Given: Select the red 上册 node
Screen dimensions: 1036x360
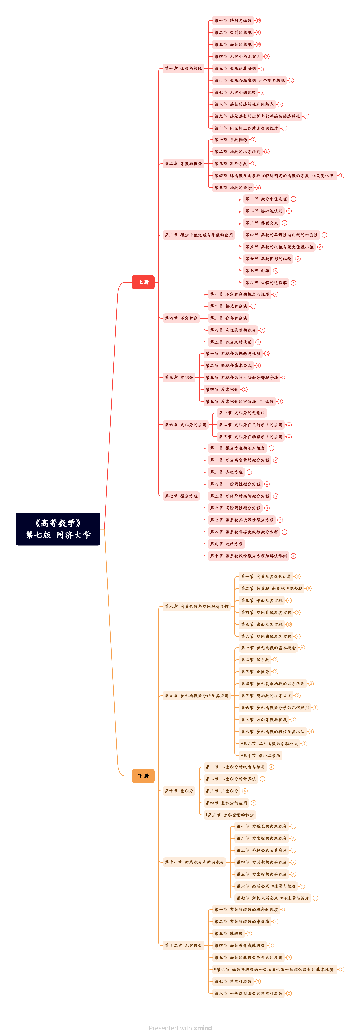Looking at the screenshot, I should tap(143, 282).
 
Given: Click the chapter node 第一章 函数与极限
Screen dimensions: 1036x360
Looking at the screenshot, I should tap(183, 68).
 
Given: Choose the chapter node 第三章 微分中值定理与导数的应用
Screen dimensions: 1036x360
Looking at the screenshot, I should tap(199, 235).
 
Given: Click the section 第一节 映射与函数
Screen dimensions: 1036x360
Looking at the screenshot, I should tap(233, 20).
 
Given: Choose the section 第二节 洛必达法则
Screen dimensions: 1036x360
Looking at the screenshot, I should tap(264, 211).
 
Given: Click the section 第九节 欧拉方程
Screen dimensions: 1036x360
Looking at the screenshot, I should tap(226, 544).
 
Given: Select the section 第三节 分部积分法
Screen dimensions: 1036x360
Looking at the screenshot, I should tap(228, 318).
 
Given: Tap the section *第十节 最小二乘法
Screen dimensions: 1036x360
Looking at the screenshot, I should tap(260, 755).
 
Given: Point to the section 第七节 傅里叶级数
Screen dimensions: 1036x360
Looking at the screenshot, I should tap(233, 981).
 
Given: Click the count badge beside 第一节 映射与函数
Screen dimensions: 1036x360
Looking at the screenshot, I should tap(258, 20).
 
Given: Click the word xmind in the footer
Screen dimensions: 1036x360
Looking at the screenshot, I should tap(203, 1027).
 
